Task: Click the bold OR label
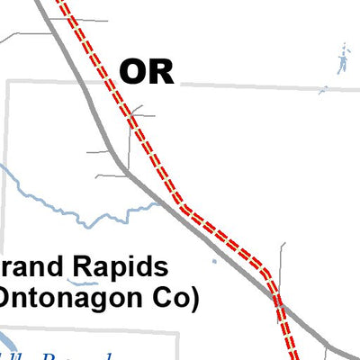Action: [x=147, y=71]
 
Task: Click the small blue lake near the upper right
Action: [x=342, y=63]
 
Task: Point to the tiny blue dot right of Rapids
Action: [x=214, y=262]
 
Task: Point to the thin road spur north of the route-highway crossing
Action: [x=282, y=261]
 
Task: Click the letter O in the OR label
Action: [x=133, y=71]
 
